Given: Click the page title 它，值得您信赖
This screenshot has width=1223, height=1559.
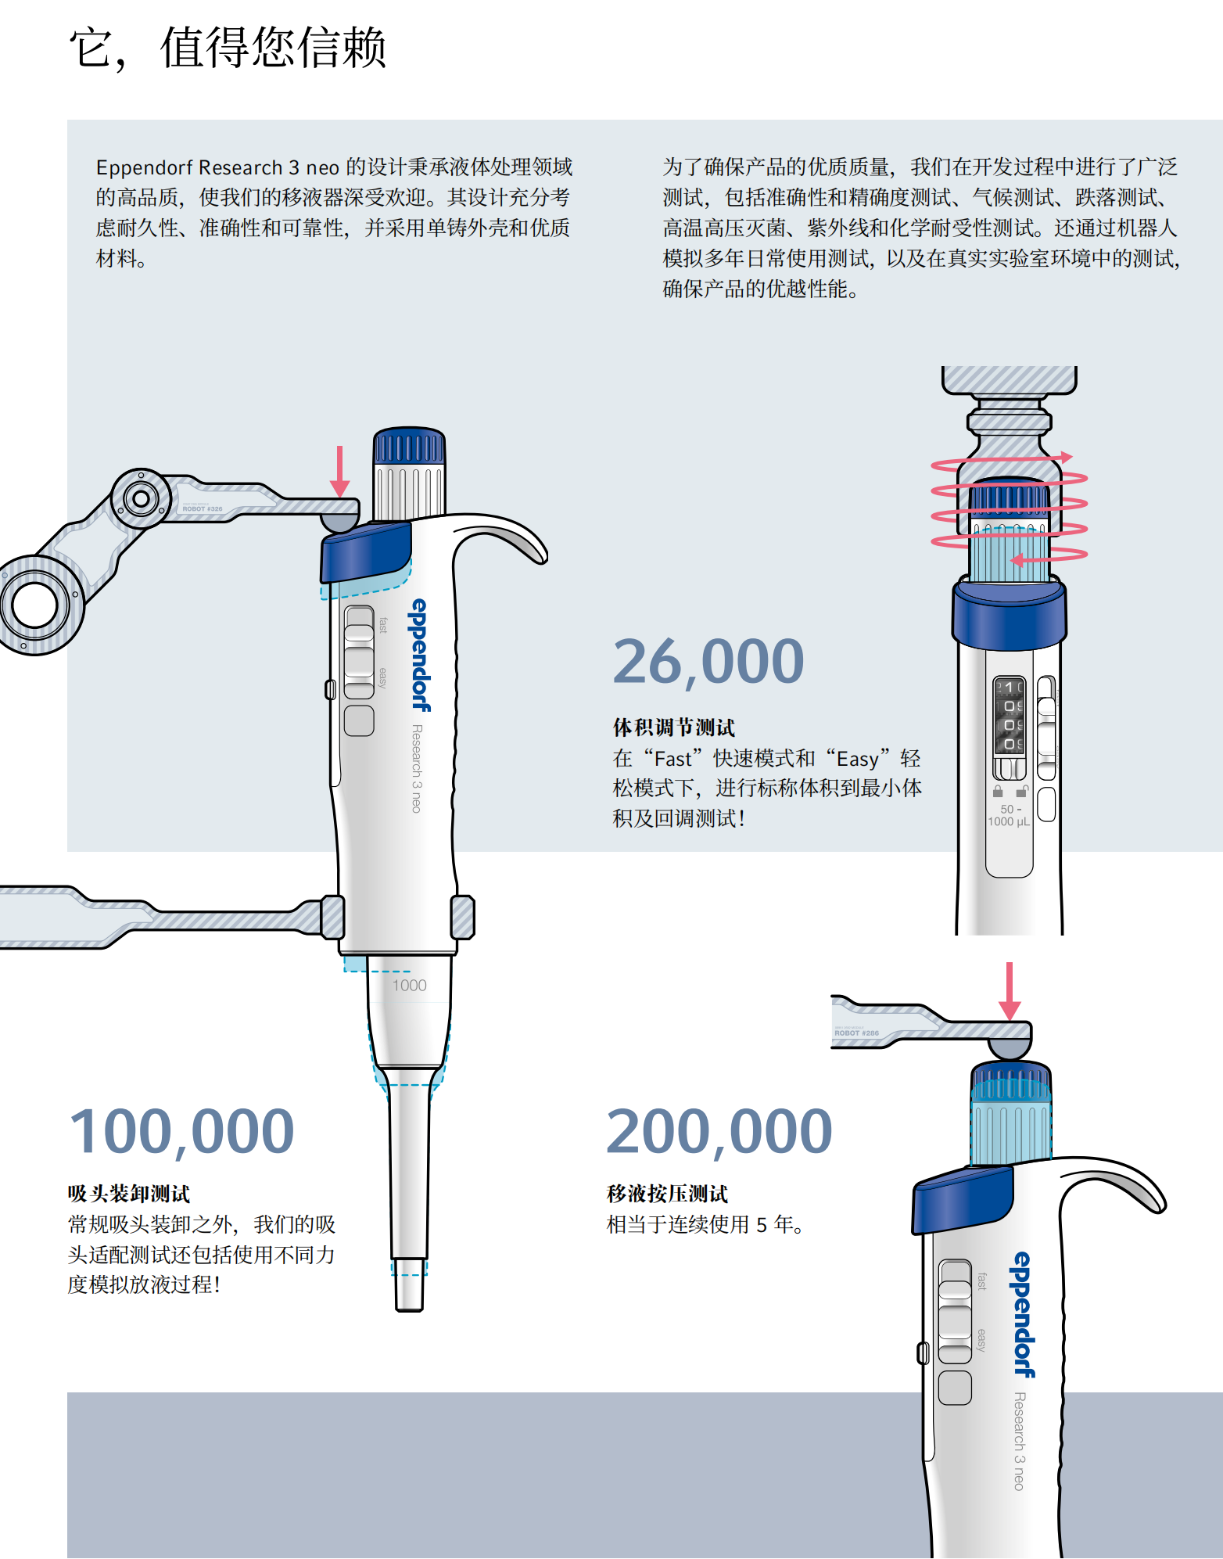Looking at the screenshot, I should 228,48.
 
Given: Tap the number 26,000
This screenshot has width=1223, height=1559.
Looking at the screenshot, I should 708,662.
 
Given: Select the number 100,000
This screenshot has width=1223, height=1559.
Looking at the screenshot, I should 181,1131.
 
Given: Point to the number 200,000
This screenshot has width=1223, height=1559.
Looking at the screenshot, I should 719,1131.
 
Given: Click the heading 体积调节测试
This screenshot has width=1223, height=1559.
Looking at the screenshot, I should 673,727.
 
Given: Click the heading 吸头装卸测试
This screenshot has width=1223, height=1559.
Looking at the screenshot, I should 129,1194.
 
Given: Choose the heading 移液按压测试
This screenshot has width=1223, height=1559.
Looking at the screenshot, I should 667,1194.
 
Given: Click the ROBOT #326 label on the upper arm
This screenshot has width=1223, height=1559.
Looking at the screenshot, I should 203,508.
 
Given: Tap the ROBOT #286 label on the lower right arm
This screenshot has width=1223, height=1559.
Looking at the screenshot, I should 856,1033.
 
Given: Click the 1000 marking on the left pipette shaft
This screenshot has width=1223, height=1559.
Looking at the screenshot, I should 409,986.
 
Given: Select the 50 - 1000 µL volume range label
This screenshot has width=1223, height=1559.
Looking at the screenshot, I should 1009,815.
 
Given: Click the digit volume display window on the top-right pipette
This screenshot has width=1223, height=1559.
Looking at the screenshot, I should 1009,716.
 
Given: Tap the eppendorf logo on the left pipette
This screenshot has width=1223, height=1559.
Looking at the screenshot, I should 421,655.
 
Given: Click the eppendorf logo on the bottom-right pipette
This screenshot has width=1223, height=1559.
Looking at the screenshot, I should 1024,1314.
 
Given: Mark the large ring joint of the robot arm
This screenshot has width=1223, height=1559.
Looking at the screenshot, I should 34,604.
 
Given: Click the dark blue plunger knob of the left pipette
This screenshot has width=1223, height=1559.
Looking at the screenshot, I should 409,447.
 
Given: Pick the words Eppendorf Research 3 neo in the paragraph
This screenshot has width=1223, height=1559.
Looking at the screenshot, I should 217,168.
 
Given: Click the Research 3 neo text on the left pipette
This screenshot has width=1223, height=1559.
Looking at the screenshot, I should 417,768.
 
